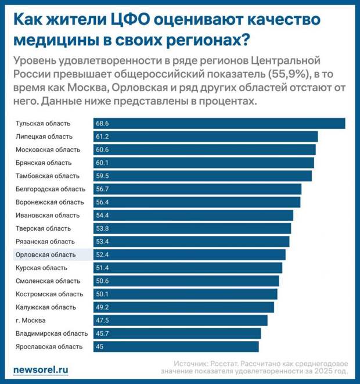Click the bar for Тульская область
tap(219, 123)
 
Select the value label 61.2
tap(103, 137)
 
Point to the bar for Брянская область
tap(203, 163)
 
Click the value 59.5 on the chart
tap(103, 176)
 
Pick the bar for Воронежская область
tap(197, 202)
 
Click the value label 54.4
tap(103, 216)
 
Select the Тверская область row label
tap(43, 228)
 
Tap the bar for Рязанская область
tap(191, 242)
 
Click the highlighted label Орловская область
tap(46, 254)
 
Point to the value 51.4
tap(103, 268)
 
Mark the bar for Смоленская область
tap(186, 281)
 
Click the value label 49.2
tap(103, 307)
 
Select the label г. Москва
tap(30, 320)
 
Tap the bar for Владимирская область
tap(177, 333)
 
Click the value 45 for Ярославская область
tap(101, 347)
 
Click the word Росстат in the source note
tap(222, 361)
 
